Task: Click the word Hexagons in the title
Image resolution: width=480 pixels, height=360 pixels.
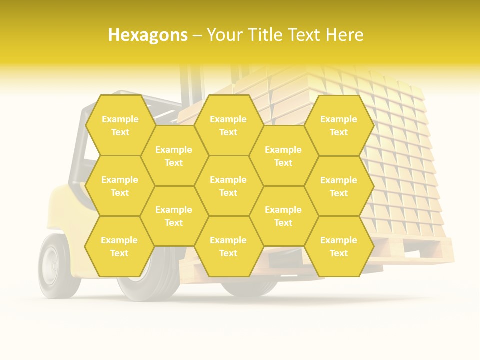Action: (x=148, y=35)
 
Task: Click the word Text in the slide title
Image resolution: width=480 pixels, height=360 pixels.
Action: (x=305, y=35)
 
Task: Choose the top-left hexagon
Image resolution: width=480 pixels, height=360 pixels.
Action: (x=120, y=125)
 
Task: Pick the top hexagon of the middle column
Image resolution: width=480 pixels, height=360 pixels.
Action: (x=228, y=125)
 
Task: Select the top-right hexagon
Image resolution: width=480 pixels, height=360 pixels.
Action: (x=339, y=125)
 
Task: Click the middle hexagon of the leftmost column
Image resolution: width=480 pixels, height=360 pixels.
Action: (x=120, y=186)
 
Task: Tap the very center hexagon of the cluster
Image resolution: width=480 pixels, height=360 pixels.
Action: (x=228, y=186)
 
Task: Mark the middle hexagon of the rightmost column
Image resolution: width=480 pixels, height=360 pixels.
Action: (x=339, y=186)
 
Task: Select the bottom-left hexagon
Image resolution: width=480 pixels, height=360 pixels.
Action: (x=119, y=246)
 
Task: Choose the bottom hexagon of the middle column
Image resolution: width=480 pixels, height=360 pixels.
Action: (x=228, y=246)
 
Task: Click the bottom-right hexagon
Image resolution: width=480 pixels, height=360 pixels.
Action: (x=339, y=246)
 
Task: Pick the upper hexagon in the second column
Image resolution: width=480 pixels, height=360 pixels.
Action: (x=174, y=156)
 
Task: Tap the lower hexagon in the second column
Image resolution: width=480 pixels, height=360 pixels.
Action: (x=174, y=216)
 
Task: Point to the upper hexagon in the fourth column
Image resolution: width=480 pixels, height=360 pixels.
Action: (x=283, y=156)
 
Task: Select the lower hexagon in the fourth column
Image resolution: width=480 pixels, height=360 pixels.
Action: (x=283, y=216)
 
